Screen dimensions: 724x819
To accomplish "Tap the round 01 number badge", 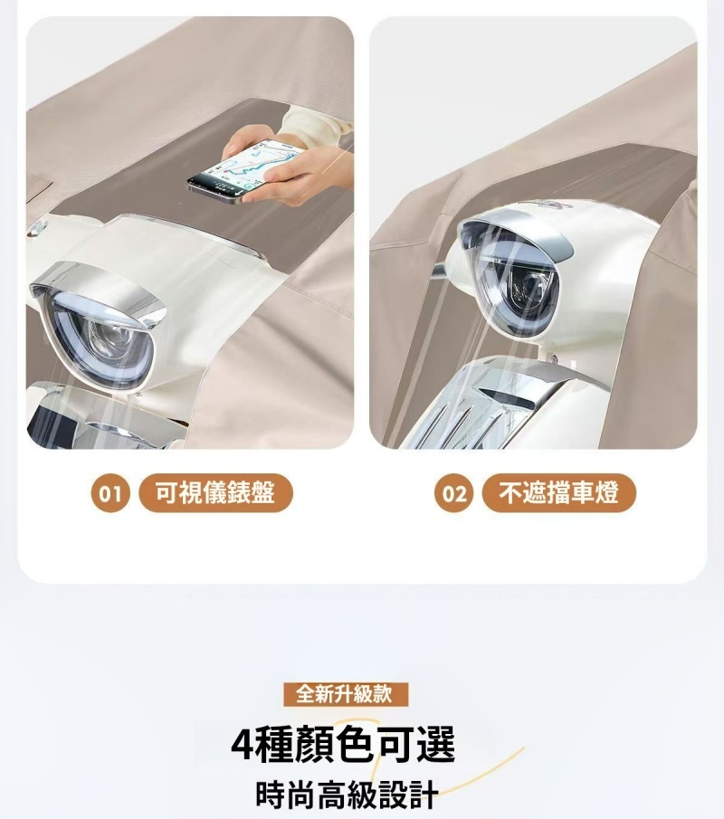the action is click(110, 492).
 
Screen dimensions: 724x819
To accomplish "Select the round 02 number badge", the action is click(453, 492).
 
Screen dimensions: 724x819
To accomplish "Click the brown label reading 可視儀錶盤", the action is click(215, 492).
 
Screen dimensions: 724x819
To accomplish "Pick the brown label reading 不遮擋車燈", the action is click(559, 492).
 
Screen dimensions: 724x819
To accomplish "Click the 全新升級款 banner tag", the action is click(345, 694).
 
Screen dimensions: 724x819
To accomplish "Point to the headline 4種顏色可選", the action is click(343, 744).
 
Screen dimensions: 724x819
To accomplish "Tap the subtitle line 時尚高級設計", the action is click(347, 794).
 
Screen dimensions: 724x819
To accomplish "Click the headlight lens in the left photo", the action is click(100, 339).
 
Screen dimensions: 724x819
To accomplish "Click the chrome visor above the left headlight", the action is click(97, 290).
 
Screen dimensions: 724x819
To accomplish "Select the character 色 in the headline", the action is click(356, 744).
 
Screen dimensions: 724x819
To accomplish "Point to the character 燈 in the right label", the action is click(606, 492).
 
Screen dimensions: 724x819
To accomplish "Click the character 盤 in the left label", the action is click(262, 492).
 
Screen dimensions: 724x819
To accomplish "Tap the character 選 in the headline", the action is click(437, 744).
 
